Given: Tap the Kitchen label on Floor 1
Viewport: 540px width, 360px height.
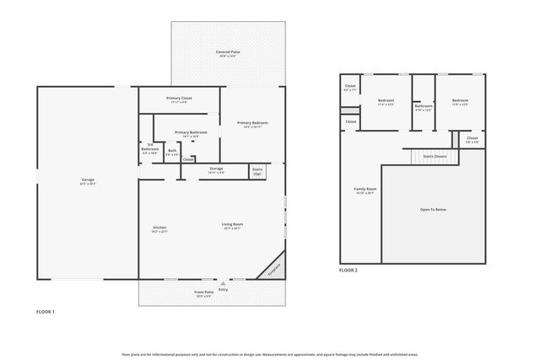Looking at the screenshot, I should click(159, 228).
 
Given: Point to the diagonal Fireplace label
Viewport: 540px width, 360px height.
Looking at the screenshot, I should click(273, 268).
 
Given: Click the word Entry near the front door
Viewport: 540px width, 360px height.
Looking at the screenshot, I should click(223, 289).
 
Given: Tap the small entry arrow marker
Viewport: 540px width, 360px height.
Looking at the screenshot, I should click(223, 283).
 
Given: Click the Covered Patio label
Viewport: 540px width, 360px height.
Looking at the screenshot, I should click(229, 53).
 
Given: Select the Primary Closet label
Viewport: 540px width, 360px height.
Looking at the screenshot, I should click(181, 99).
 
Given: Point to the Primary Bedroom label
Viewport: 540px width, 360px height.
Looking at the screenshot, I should click(252, 124).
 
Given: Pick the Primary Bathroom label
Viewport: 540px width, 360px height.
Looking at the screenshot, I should click(192, 133).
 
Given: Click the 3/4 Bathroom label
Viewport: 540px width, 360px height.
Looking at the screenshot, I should click(149, 148).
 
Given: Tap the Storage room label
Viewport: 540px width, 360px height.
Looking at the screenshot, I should click(216, 169).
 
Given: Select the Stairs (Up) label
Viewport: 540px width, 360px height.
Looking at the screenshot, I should click(257, 171).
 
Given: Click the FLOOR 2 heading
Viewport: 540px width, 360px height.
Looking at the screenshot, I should click(348, 271).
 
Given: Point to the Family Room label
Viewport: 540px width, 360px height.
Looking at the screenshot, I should click(364, 190).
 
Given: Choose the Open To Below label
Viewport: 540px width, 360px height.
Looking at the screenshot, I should click(433, 208).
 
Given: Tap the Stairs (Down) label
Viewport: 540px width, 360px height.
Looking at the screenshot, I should click(435, 156).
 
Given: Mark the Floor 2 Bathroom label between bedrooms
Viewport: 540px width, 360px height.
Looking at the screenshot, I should click(423, 107).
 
